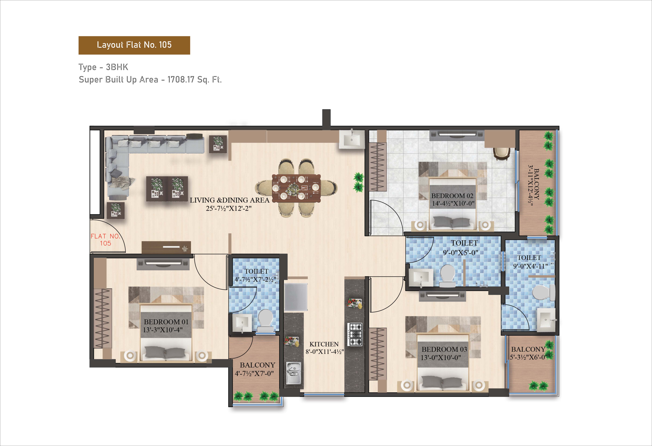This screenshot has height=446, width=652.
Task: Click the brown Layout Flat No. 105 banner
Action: [134, 45]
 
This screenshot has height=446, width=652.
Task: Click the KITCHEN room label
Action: [324, 344]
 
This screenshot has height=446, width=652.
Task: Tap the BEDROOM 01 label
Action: [166, 322]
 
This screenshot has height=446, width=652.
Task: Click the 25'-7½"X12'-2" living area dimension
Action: [229, 208]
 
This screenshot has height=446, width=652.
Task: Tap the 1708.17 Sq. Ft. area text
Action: [194, 80]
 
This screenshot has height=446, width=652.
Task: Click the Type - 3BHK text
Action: [103, 67]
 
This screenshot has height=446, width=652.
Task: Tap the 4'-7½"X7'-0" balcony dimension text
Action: [254, 373]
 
